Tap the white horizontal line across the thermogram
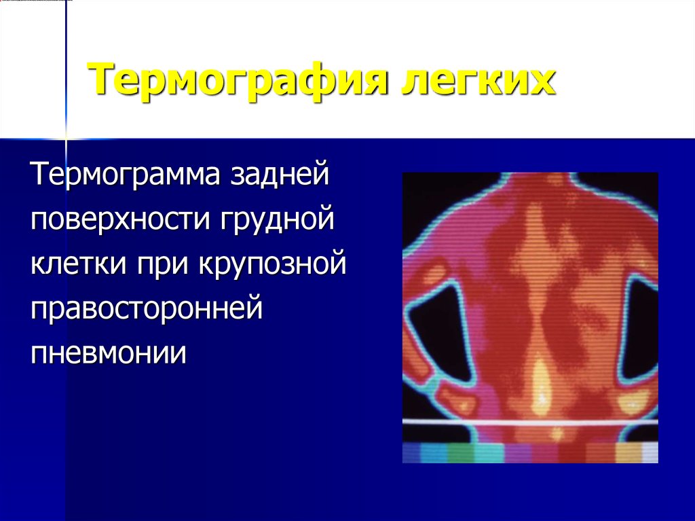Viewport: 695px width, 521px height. point(530,423)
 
